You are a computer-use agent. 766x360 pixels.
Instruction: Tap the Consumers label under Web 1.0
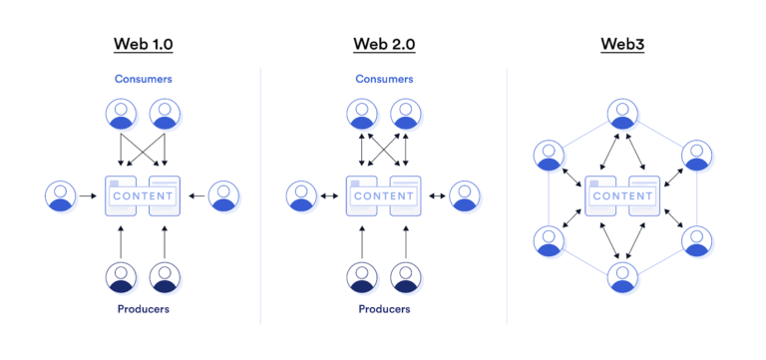click(143, 77)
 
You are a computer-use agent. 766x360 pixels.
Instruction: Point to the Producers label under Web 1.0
click(143, 309)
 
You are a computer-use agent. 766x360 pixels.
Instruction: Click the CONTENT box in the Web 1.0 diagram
click(143, 195)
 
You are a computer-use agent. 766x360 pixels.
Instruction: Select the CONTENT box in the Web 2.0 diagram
click(383, 195)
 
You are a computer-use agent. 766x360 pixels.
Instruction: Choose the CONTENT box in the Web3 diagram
click(621, 195)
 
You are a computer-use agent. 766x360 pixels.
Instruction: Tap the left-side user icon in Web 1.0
click(61, 195)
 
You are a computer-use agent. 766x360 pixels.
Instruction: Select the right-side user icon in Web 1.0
click(224, 195)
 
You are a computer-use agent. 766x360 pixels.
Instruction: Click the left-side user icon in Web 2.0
click(301, 195)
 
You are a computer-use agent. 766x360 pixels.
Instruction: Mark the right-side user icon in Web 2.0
click(464, 195)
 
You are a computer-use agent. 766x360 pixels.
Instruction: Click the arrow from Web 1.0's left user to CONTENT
click(89, 195)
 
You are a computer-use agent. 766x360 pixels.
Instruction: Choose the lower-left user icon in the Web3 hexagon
click(549, 239)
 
